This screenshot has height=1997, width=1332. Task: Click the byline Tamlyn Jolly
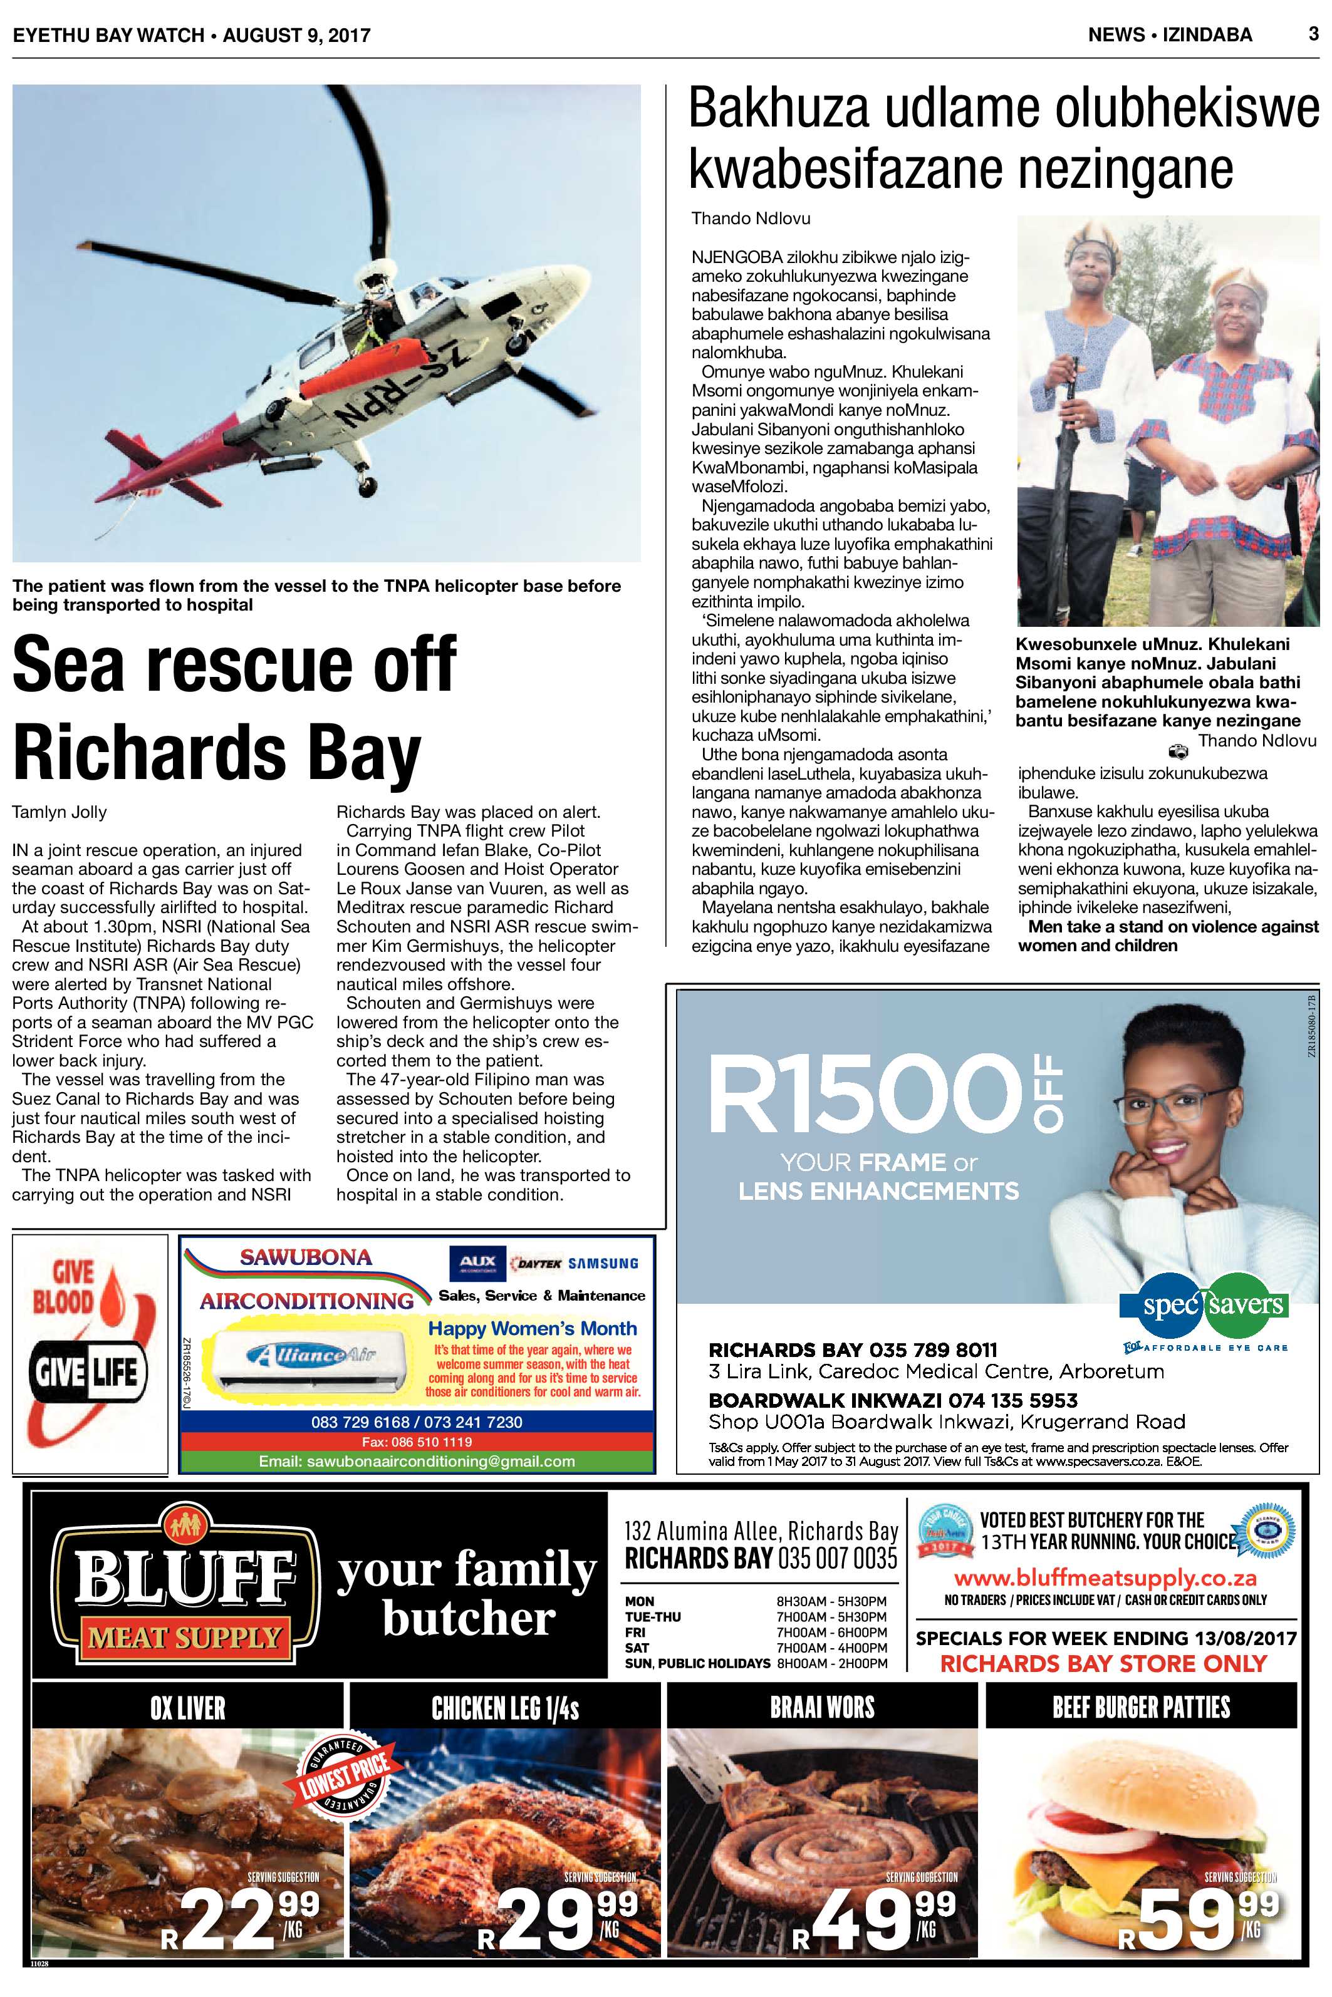[x=60, y=812]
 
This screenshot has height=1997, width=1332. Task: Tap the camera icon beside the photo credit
[x=1177, y=751]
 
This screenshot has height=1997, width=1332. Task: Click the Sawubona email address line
[x=417, y=1461]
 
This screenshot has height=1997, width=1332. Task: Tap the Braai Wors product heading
[x=821, y=1708]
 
